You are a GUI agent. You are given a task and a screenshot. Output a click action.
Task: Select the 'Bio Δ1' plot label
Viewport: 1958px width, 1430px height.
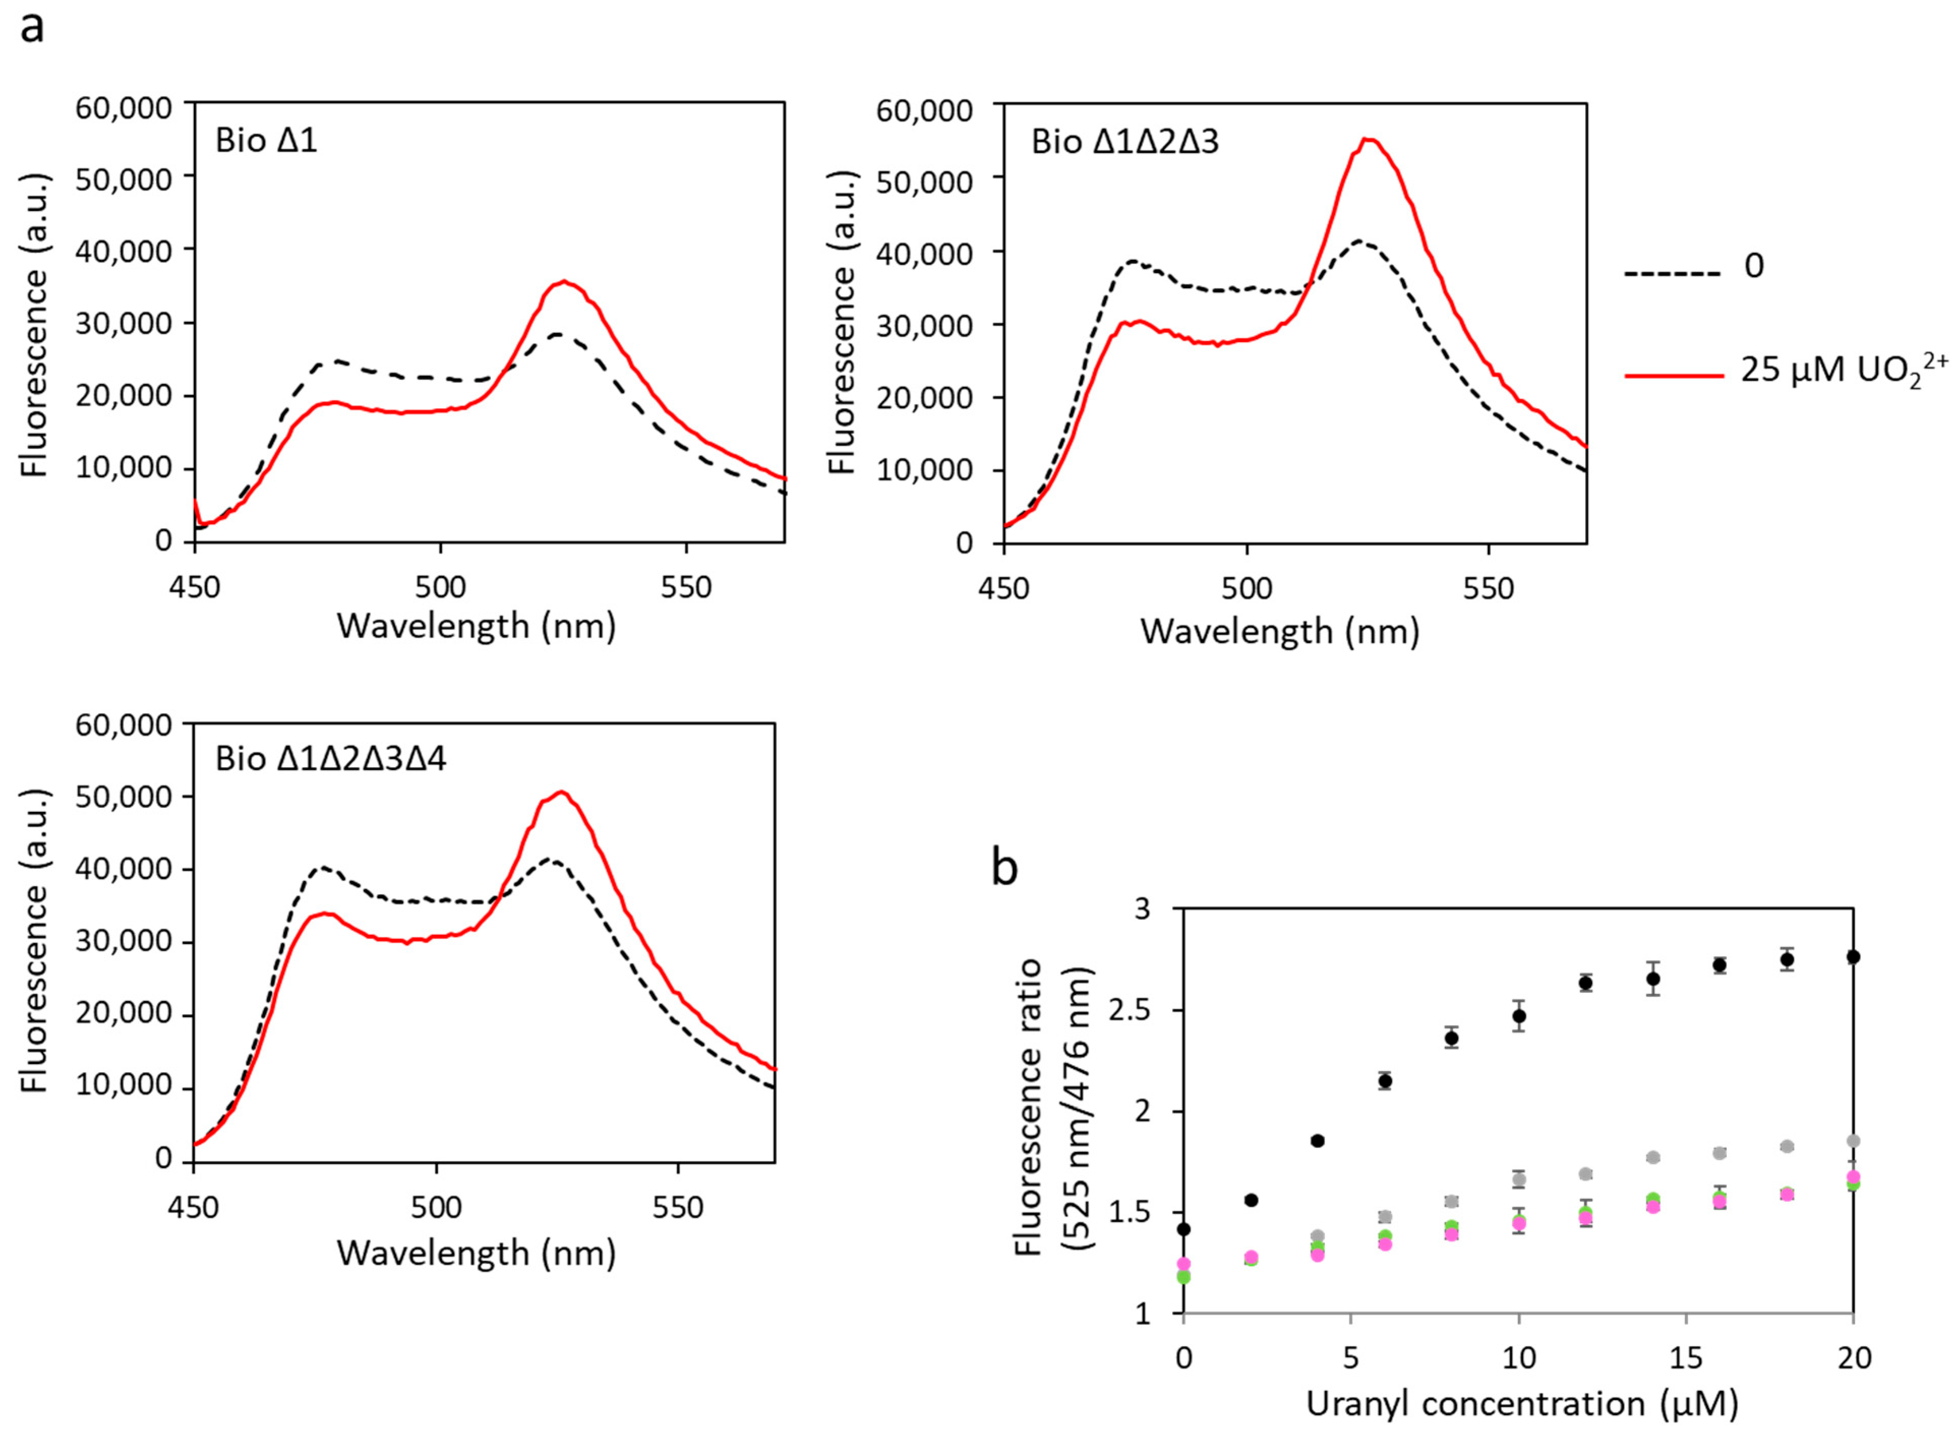click(x=266, y=140)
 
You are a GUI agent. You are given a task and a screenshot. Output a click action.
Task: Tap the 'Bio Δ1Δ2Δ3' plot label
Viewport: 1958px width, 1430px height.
click(x=1125, y=142)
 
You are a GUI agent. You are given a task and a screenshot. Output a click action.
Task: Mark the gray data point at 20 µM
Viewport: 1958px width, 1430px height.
click(x=1852, y=1141)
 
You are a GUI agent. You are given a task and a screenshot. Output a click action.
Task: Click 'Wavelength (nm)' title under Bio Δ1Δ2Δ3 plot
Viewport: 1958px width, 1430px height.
click(x=1279, y=632)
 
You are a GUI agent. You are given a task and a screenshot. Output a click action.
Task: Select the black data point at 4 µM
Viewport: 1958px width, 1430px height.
click(x=1317, y=1141)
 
